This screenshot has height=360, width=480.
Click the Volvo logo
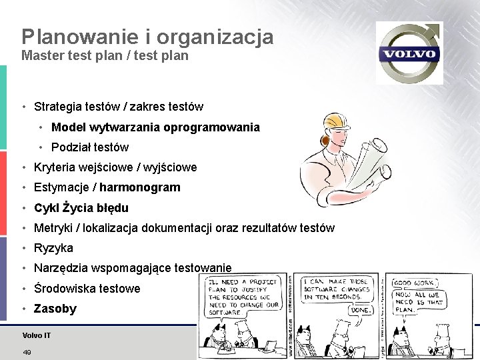point(409,53)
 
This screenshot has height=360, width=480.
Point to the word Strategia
point(58,106)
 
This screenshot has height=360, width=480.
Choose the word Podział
point(71,147)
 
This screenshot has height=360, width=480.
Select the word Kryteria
point(55,167)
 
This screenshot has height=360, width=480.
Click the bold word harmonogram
point(140,187)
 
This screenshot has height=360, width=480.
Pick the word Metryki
point(53,228)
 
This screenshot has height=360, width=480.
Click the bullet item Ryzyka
point(53,248)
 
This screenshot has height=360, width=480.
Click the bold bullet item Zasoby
point(55,309)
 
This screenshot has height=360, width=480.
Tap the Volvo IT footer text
point(36,335)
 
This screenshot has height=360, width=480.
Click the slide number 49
point(27,352)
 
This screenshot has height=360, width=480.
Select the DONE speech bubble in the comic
point(362,310)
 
